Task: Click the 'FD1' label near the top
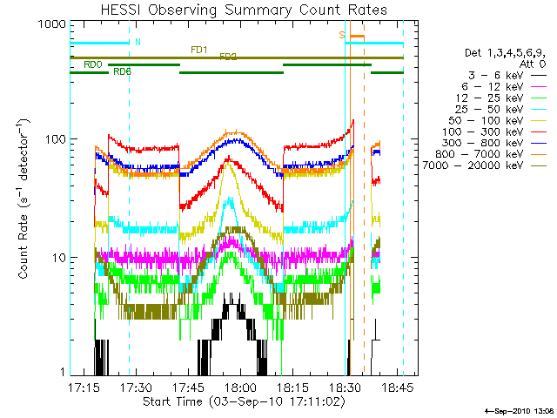[x=199, y=50]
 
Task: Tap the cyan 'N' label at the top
[x=138, y=42]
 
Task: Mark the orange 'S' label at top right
[x=342, y=35]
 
